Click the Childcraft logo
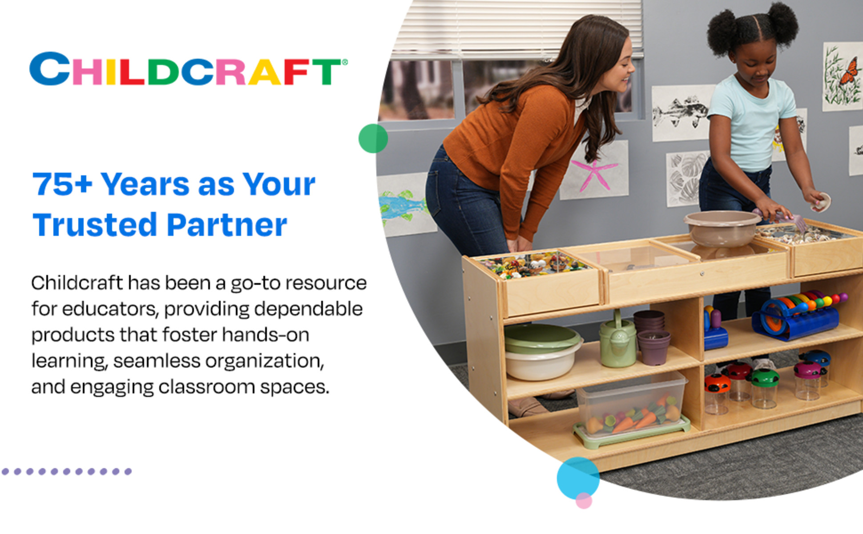pyautogui.click(x=188, y=69)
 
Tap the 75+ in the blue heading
pyautogui.click(x=62, y=184)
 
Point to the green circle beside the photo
pyautogui.click(x=373, y=138)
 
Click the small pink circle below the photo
pyautogui.click(x=584, y=501)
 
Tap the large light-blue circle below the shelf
pyautogui.click(x=578, y=478)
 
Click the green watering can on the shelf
pyautogui.click(x=617, y=340)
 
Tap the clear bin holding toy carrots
pyautogui.click(x=632, y=409)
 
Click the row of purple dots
pyautogui.click(x=67, y=471)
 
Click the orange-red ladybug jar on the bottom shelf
pyautogui.click(x=717, y=393)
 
